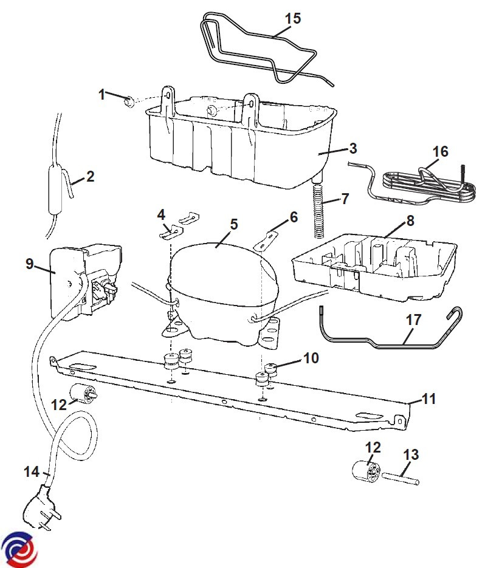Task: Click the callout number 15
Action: click(x=293, y=18)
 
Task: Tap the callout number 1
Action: click(x=102, y=95)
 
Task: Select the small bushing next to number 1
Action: click(x=129, y=102)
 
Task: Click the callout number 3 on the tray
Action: click(x=353, y=148)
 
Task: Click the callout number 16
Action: click(x=441, y=151)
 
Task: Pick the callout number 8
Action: click(x=410, y=221)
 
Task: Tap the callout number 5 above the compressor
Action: click(x=234, y=224)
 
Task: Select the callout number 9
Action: click(x=29, y=264)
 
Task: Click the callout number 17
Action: click(x=413, y=320)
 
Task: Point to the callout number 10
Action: click(x=311, y=358)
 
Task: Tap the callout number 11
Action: click(x=429, y=399)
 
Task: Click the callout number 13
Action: click(x=411, y=454)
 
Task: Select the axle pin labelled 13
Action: click(x=401, y=477)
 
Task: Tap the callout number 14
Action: click(x=32, y=471)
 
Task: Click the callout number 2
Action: click(x=90, y=176)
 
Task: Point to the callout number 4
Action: click(x=161, y=215)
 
